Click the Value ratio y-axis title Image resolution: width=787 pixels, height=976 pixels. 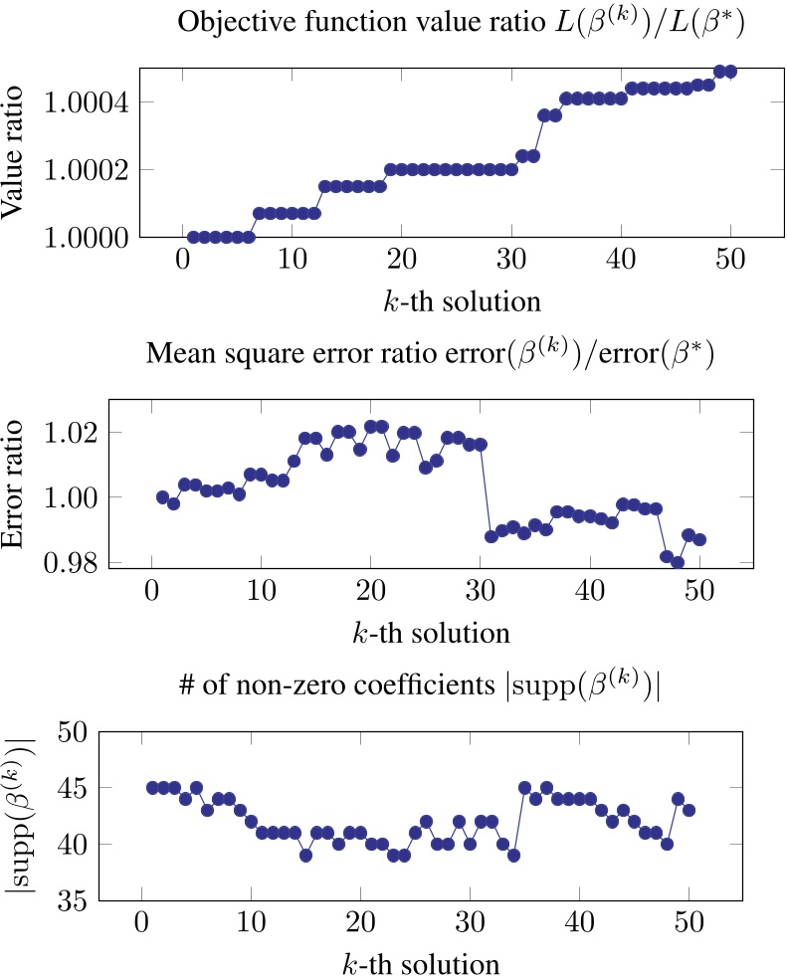coord(18,153)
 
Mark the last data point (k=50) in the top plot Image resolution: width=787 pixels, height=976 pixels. coord(730,72)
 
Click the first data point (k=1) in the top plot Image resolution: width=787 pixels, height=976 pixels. coord(193,237)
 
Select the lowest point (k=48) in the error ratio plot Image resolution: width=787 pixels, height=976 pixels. coord(678,563)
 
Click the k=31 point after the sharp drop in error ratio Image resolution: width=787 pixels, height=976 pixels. coord(491,536)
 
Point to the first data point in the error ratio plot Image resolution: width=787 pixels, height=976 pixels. coord(162,497)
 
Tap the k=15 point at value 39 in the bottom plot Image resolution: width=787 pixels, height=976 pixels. coord(305,856)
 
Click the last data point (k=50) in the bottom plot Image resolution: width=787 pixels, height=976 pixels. coord(689,810)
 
